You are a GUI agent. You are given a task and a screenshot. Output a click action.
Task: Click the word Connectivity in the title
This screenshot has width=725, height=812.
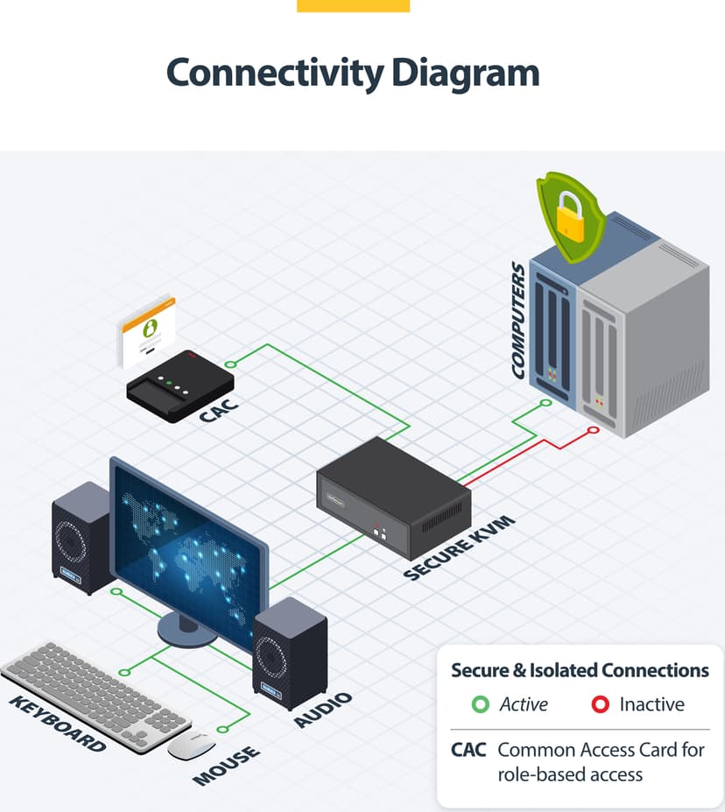[x=275, y=74]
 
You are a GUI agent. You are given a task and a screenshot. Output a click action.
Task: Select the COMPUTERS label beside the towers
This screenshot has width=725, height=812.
[x=518, y=320]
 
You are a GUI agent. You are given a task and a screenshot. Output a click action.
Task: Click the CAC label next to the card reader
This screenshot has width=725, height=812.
[x=219, y=410]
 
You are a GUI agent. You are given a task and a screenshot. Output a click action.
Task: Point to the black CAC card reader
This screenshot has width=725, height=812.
[x=180, y=385]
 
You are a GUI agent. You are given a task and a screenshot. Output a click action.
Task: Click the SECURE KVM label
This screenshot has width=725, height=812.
[x=459, y=547]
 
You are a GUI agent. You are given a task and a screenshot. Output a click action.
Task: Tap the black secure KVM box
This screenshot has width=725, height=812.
[x=394, y=498]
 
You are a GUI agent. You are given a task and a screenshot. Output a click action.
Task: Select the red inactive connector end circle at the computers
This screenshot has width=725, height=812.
[x=594, y=430]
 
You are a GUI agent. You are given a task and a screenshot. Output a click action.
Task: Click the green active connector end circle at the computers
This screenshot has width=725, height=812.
[x=546, y=402]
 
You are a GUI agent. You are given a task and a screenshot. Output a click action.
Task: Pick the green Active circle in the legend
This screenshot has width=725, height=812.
[x=480, y=704]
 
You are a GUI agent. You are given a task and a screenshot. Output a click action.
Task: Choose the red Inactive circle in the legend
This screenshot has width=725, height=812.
[x=601, y=704]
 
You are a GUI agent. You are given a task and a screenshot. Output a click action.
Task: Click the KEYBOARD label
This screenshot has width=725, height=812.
[x=58, y=724]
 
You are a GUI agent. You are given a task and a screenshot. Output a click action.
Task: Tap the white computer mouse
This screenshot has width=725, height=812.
[x=191, y=745]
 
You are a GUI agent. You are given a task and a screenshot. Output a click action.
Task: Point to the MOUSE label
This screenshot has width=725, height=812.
[x=226, y=766]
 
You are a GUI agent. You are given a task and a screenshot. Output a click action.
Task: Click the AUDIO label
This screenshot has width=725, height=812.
[x=323, y=710]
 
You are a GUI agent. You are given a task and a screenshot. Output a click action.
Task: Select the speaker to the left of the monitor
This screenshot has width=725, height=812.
[x=81, y=538]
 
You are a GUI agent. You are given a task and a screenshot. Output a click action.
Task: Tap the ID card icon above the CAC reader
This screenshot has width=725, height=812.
[x=149, y=332]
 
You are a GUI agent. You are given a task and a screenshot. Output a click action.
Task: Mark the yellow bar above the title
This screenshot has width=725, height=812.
[x=354, y=6]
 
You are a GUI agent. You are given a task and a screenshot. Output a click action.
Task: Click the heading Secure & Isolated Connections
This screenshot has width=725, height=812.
[x=580, y=670]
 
